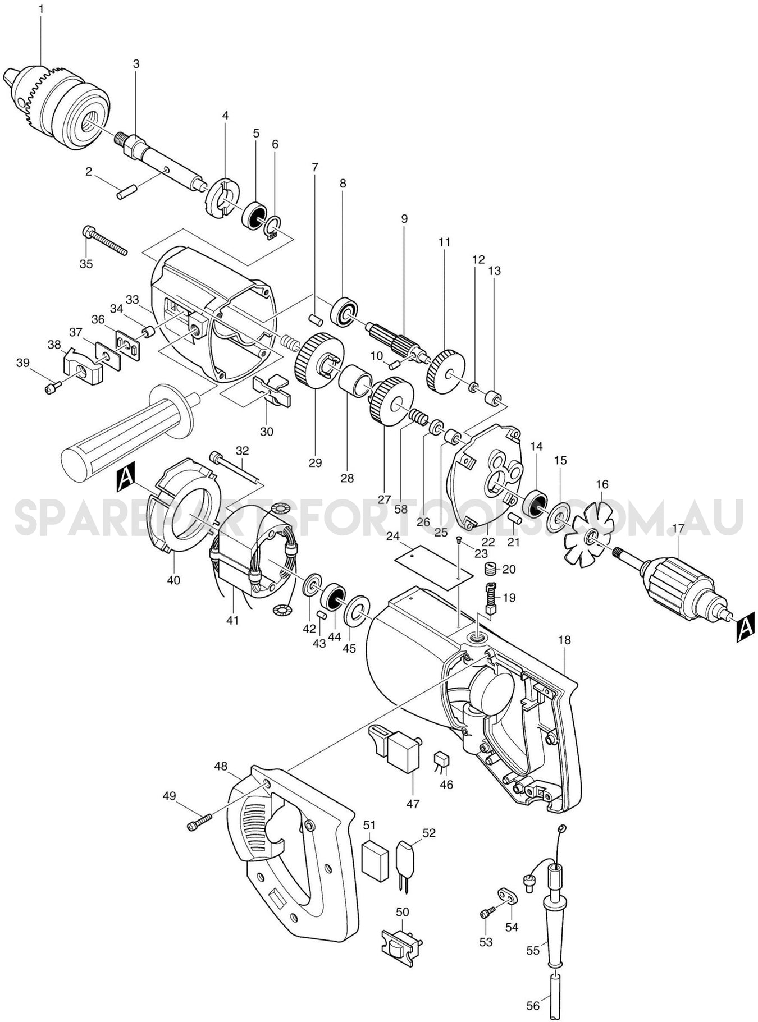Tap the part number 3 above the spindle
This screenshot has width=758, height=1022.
point(136,64)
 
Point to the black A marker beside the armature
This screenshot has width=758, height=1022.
point(745,627)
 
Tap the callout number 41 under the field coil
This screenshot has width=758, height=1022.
point(232,620)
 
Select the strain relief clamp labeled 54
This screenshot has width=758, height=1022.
point(508,897)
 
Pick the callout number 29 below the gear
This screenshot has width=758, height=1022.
point(315,462)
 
